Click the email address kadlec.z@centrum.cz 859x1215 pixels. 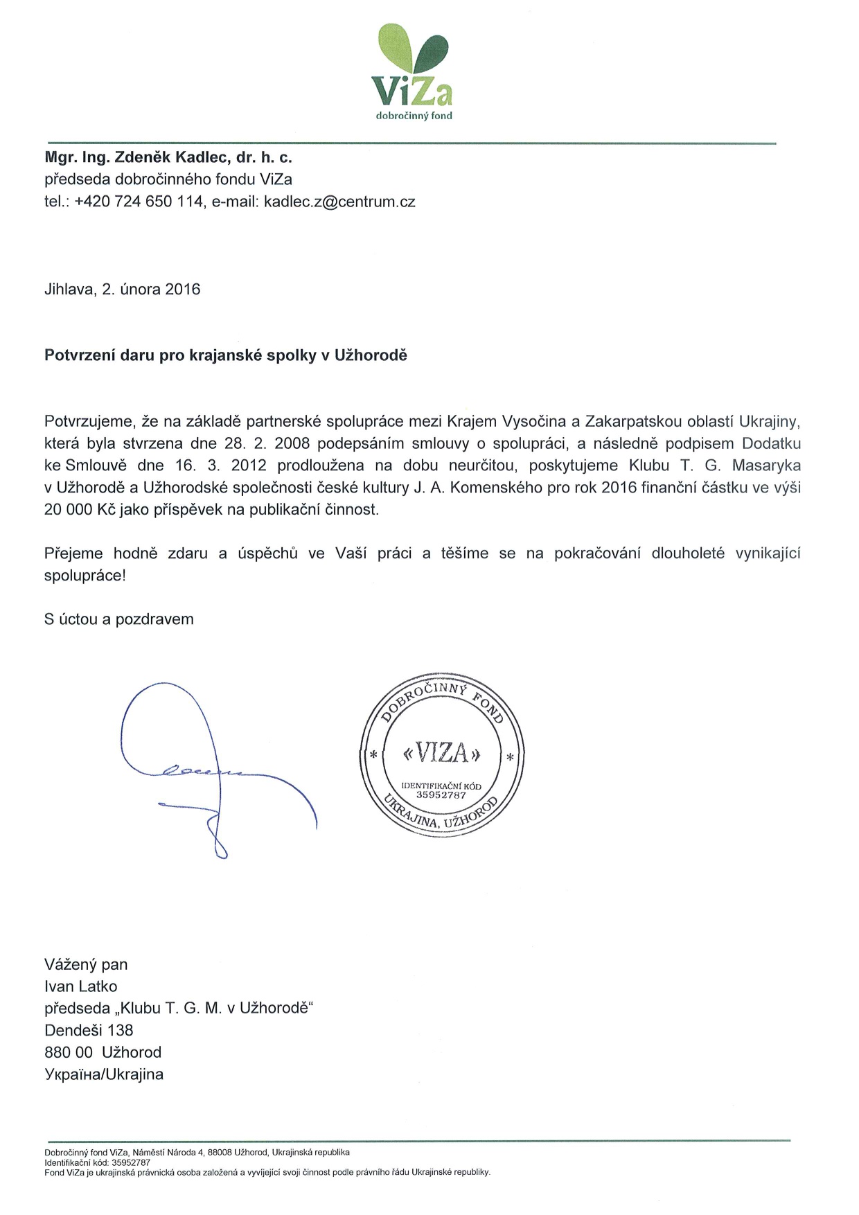pos(339,202)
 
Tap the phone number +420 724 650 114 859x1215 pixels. pos(139,202)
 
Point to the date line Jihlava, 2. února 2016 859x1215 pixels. pos(122,290)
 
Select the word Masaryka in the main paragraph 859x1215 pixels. pos(766,465)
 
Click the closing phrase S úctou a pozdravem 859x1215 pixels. pos(118,619)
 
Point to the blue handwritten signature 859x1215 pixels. pos(208,769)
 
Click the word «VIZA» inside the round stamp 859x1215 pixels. pos(441,753)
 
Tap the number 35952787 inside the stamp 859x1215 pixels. pos(441,795)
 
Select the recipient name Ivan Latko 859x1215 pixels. pos(80,986)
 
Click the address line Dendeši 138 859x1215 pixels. pos(89,1031)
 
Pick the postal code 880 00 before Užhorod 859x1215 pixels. pos(68,1053)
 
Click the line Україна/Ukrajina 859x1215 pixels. pos(104,1075)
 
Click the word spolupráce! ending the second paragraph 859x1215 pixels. pos(85,576)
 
